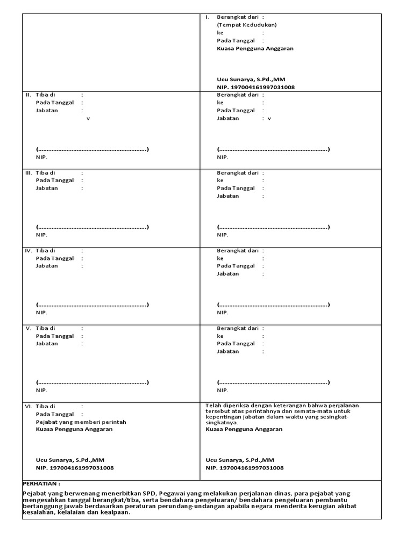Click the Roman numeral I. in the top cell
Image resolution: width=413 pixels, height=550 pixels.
[x=207, y=17]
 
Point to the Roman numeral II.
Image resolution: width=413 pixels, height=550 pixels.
[x=29, y=95]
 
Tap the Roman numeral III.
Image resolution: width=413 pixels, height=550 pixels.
[x=29, y=173]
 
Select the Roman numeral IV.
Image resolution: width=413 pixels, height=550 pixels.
[x=29, y=251]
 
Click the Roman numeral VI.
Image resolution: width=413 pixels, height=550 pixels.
[x=29, y=407]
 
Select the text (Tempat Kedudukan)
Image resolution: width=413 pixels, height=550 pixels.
[x=247, y=25]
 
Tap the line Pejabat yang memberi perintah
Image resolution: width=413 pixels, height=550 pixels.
[x=81, y=422]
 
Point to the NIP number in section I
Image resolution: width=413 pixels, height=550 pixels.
[x=255, y=87]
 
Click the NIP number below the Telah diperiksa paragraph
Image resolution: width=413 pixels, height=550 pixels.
[x=245, y=468]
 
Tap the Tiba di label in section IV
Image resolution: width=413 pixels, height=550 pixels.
[x=45, y=251]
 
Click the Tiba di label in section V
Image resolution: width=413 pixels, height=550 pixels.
[x=45, y=328]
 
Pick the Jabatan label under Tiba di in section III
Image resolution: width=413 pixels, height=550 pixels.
[x=47, y=189]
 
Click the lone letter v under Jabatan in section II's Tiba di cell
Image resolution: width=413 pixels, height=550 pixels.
[x=88, y=118]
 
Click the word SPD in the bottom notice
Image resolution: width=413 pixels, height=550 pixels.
[x=149, y=493]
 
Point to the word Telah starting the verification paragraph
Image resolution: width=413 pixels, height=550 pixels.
[x=213, y=406]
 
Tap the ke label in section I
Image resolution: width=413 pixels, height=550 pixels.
[x=220, y=33]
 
